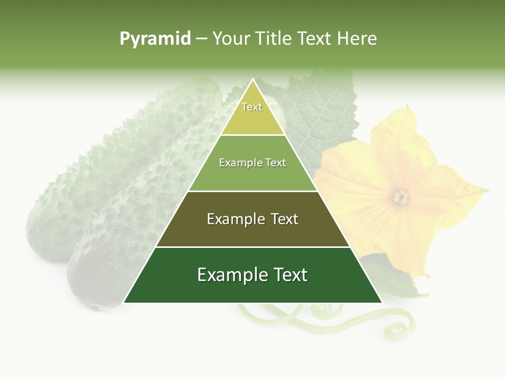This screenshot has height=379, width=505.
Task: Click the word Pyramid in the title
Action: click(x=155, y=39)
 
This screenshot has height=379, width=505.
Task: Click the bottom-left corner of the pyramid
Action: click(x=124, y=303)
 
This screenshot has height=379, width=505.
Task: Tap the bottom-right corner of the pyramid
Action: click(x=381, y=303)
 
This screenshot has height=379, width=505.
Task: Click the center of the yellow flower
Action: click(x=401, y=197)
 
